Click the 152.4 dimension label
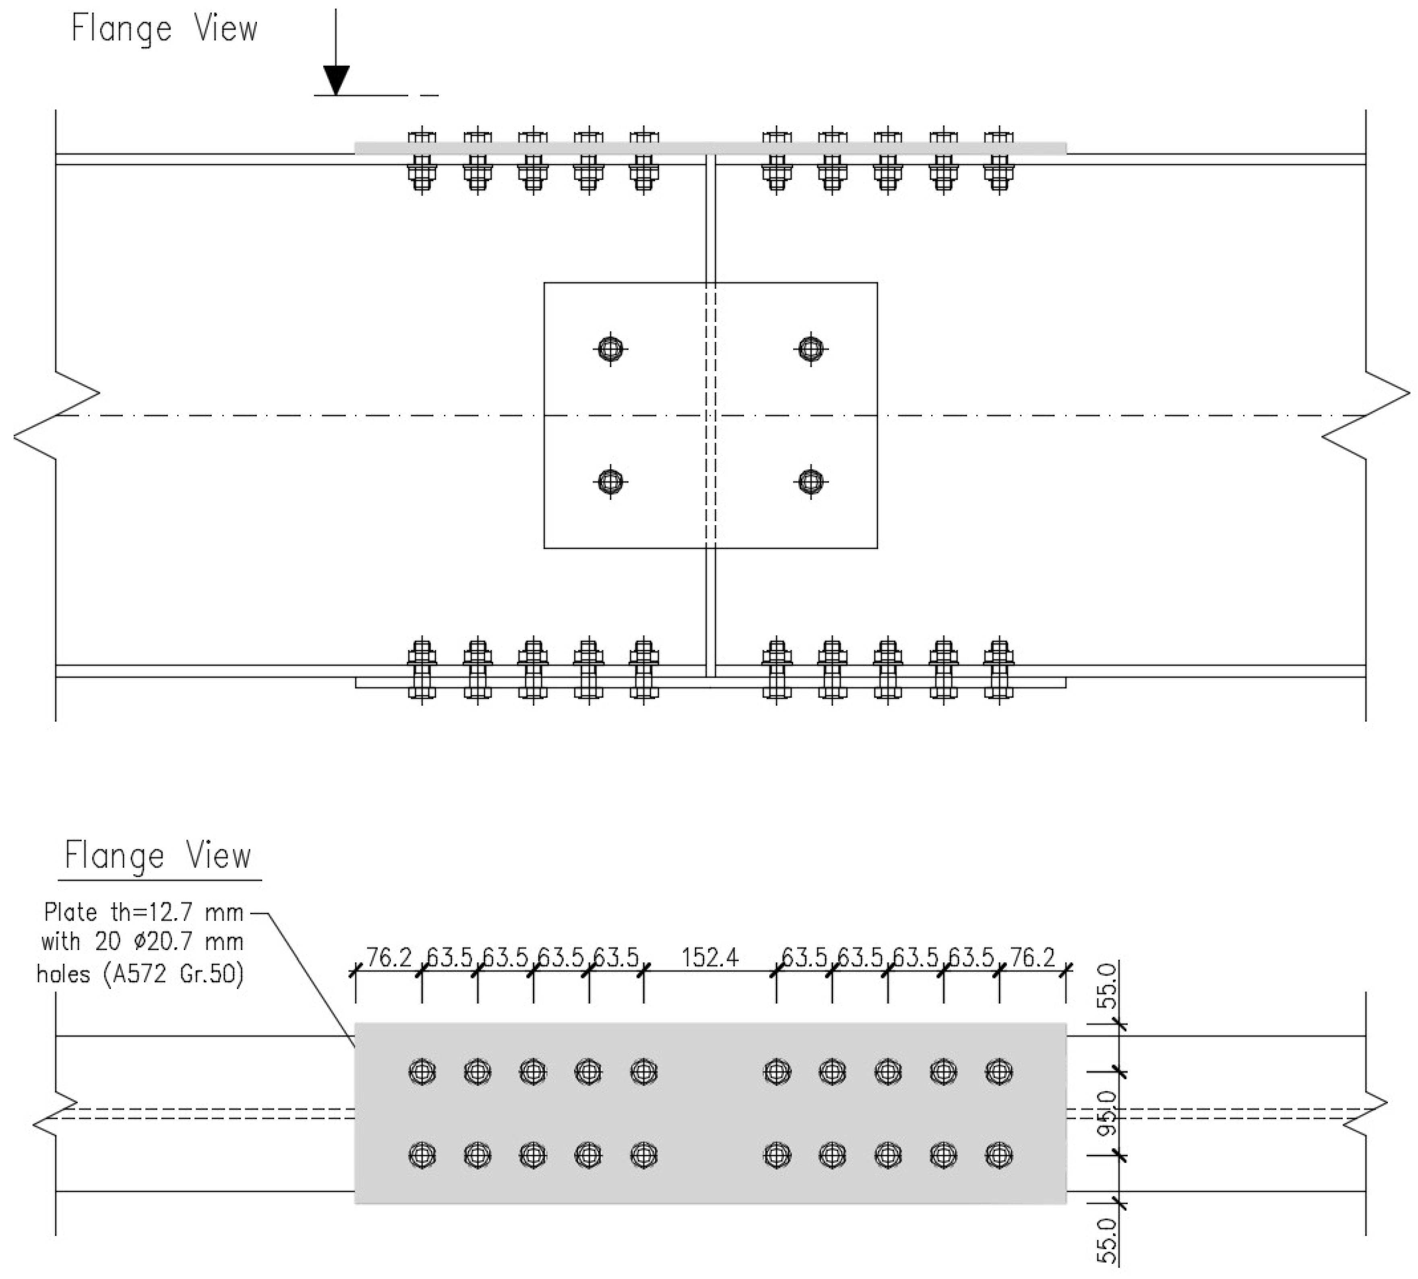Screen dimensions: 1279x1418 (x=710, y=957)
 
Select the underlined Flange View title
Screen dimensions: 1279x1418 (x=158, y=856)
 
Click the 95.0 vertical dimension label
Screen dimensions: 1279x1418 (x=1107, y=1114)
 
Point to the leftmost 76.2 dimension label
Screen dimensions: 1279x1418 (x=389, y=957)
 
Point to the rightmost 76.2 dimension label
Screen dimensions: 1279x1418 (x=1032, y=957)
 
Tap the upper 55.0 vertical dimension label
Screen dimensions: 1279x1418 (x=1107, y=986)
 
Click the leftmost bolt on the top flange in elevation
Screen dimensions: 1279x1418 (x=422, y=160)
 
